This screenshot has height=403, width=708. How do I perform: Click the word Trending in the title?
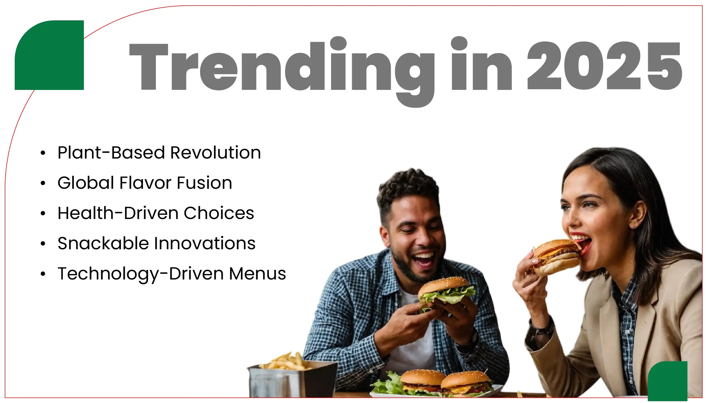pyautogui.click(x=281, y=68)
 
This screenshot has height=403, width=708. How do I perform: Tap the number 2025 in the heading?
pyautogui.click(x=604, y=66)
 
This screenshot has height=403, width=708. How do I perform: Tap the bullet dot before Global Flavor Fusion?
pyautogui.click(x=43, y=183)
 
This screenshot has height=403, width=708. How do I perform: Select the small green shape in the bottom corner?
pyautogui.click(x=668, y=382)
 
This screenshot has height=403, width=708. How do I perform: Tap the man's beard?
pyautogui.click(x=409, y=268)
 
